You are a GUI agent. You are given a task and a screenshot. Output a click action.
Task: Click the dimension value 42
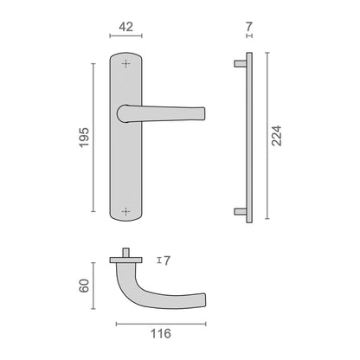pos(126,27)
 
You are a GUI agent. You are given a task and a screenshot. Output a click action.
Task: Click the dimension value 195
pos(84,138)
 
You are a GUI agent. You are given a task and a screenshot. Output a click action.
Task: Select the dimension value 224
pos(277,136)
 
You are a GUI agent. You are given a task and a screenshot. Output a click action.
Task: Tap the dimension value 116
pos(161,334)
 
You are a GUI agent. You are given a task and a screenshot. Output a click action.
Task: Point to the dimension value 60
pos(84,286)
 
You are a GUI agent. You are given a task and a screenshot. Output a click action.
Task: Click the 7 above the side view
pos(249,27)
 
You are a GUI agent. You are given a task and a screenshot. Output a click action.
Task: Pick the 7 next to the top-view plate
pos(167,260)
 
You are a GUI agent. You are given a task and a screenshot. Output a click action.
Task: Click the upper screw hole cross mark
pos(126,63)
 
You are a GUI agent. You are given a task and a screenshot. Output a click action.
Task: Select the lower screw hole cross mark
pos(126,211)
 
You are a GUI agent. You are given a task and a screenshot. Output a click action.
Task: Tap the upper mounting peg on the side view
pos(240,64)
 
